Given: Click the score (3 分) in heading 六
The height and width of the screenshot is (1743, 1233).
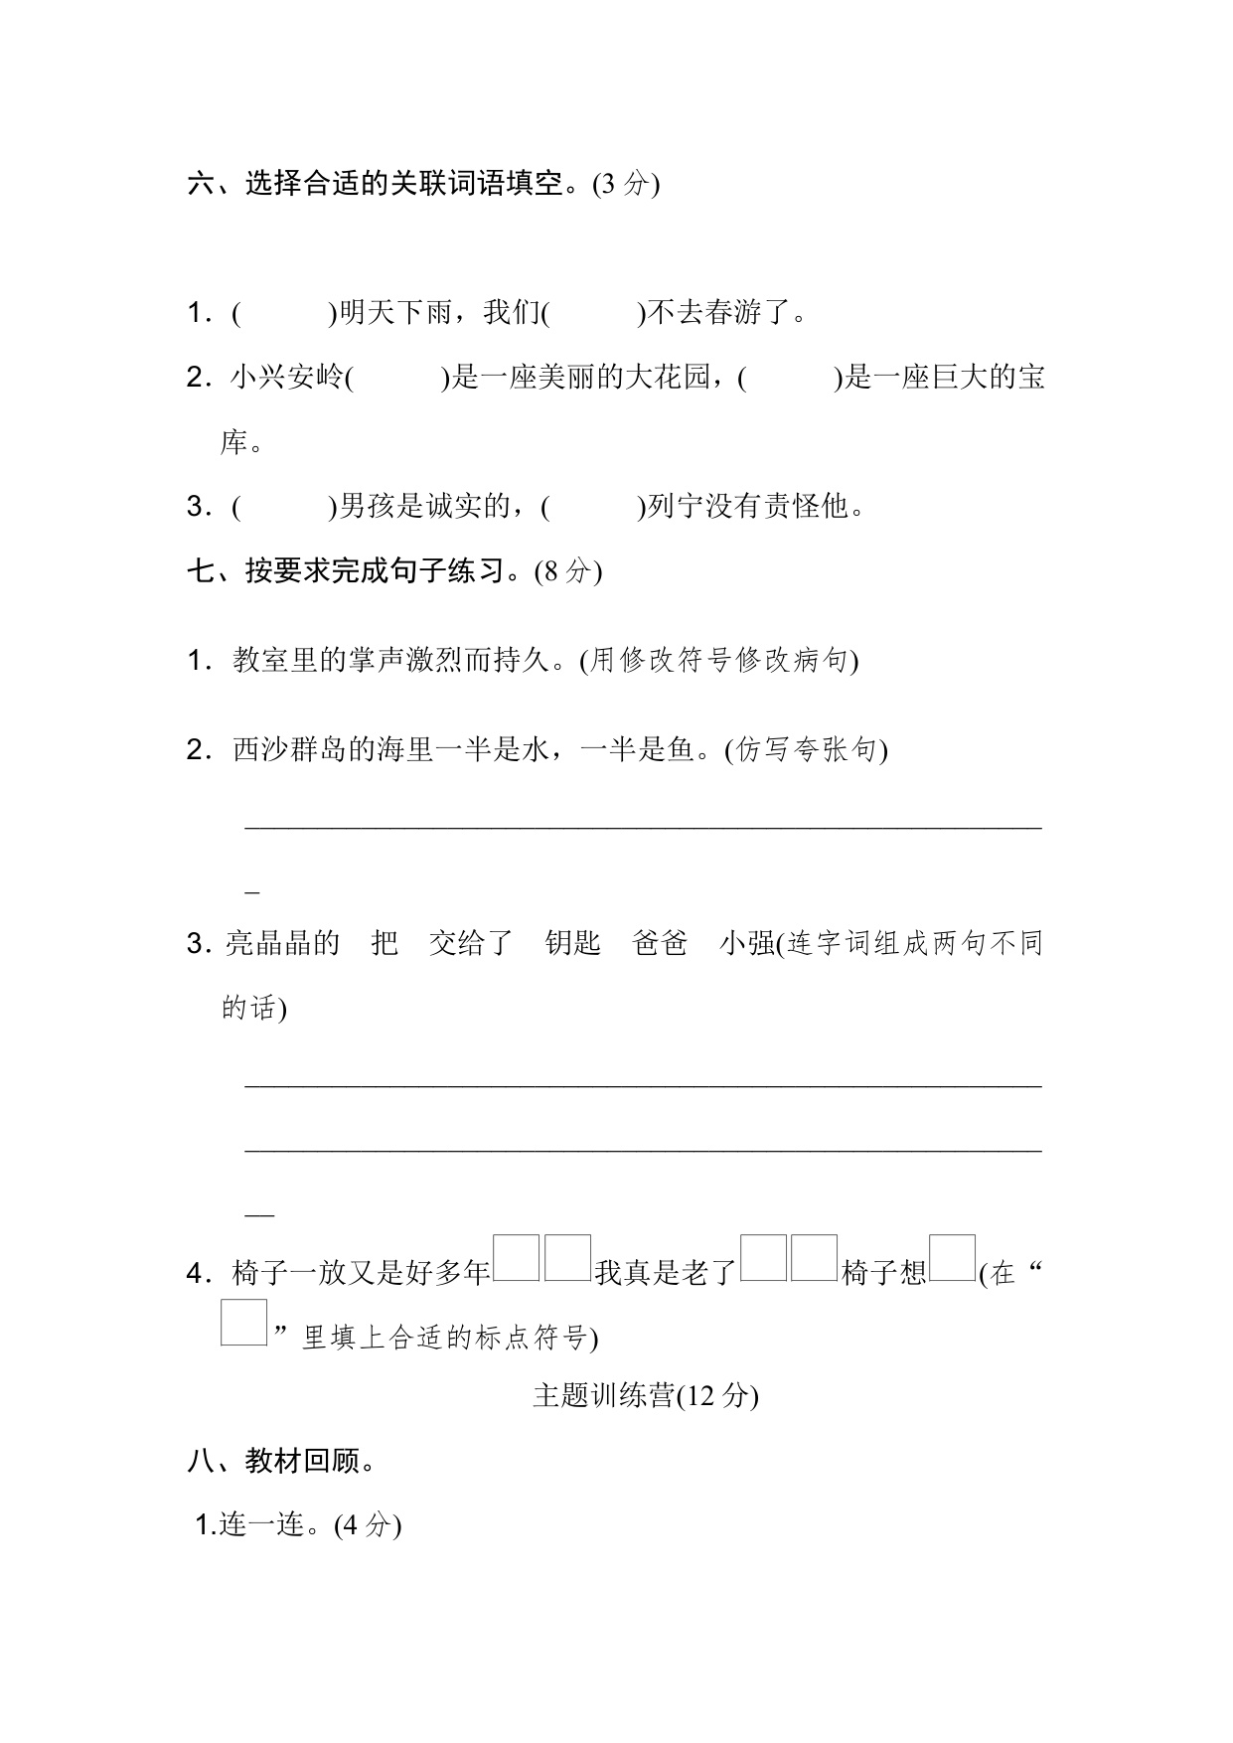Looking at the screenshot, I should click(x=625, y=185).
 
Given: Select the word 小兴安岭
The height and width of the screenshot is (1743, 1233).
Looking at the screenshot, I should click(x=287, y=379).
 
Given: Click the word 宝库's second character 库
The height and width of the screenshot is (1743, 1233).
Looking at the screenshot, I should click(x=233, y=443).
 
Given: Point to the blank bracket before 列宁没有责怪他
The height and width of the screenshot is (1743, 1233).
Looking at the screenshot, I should click(x=594, y=508).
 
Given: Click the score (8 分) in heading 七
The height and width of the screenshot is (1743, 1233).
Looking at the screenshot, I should click(x=567, y=572).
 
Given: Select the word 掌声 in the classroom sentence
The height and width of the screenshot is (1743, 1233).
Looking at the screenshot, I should click(x=377, y=660).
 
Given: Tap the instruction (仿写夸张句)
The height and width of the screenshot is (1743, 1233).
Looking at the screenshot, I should click(x=806, y=749).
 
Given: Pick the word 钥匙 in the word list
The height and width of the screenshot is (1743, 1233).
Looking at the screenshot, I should click(x=573, y=943).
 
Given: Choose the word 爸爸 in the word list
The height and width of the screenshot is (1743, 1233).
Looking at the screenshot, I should click(x=660, y=943).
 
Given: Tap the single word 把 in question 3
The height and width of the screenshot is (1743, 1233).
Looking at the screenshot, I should click(x=385, y=943).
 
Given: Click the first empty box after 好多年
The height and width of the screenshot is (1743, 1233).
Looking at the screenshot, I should click(x=517, y=1258).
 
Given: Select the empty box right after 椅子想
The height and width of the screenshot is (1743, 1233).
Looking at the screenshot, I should click(x=952, y=1258).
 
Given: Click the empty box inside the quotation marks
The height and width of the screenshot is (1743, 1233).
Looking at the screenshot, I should click(x=243, y=1323).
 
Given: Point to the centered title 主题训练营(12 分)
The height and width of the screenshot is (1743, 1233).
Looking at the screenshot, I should click(x=646, y=1396).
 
